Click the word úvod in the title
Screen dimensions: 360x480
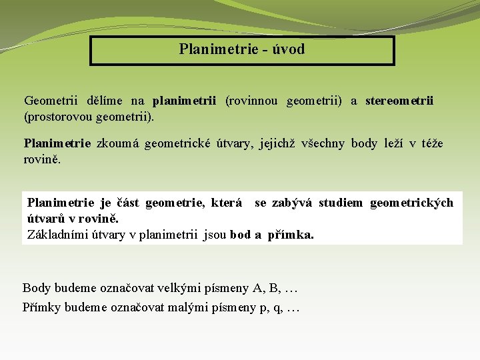290,49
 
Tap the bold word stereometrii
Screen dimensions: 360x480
399,101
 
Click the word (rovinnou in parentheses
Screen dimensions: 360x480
253,101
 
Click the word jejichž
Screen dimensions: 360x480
275,143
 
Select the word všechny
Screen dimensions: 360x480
323,143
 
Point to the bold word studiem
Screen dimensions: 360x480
341,203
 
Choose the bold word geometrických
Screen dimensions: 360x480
411,203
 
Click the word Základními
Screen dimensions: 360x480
59,235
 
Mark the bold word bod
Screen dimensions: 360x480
240,235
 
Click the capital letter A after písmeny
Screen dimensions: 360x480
257,288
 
